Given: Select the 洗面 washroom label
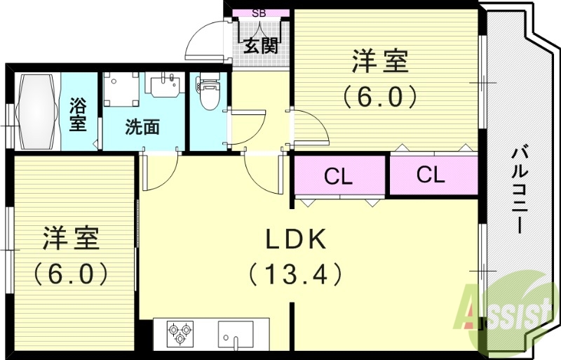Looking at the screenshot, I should (142, 128).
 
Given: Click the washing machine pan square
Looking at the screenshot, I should (121, 89).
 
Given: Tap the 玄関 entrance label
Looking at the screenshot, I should (261, 46).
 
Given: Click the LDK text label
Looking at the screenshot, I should (295, 240).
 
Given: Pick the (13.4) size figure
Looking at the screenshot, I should (295, 273).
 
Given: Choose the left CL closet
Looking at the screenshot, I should (339, 176).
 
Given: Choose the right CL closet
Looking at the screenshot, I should (431, 175).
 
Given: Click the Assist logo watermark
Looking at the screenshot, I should (504, 307).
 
